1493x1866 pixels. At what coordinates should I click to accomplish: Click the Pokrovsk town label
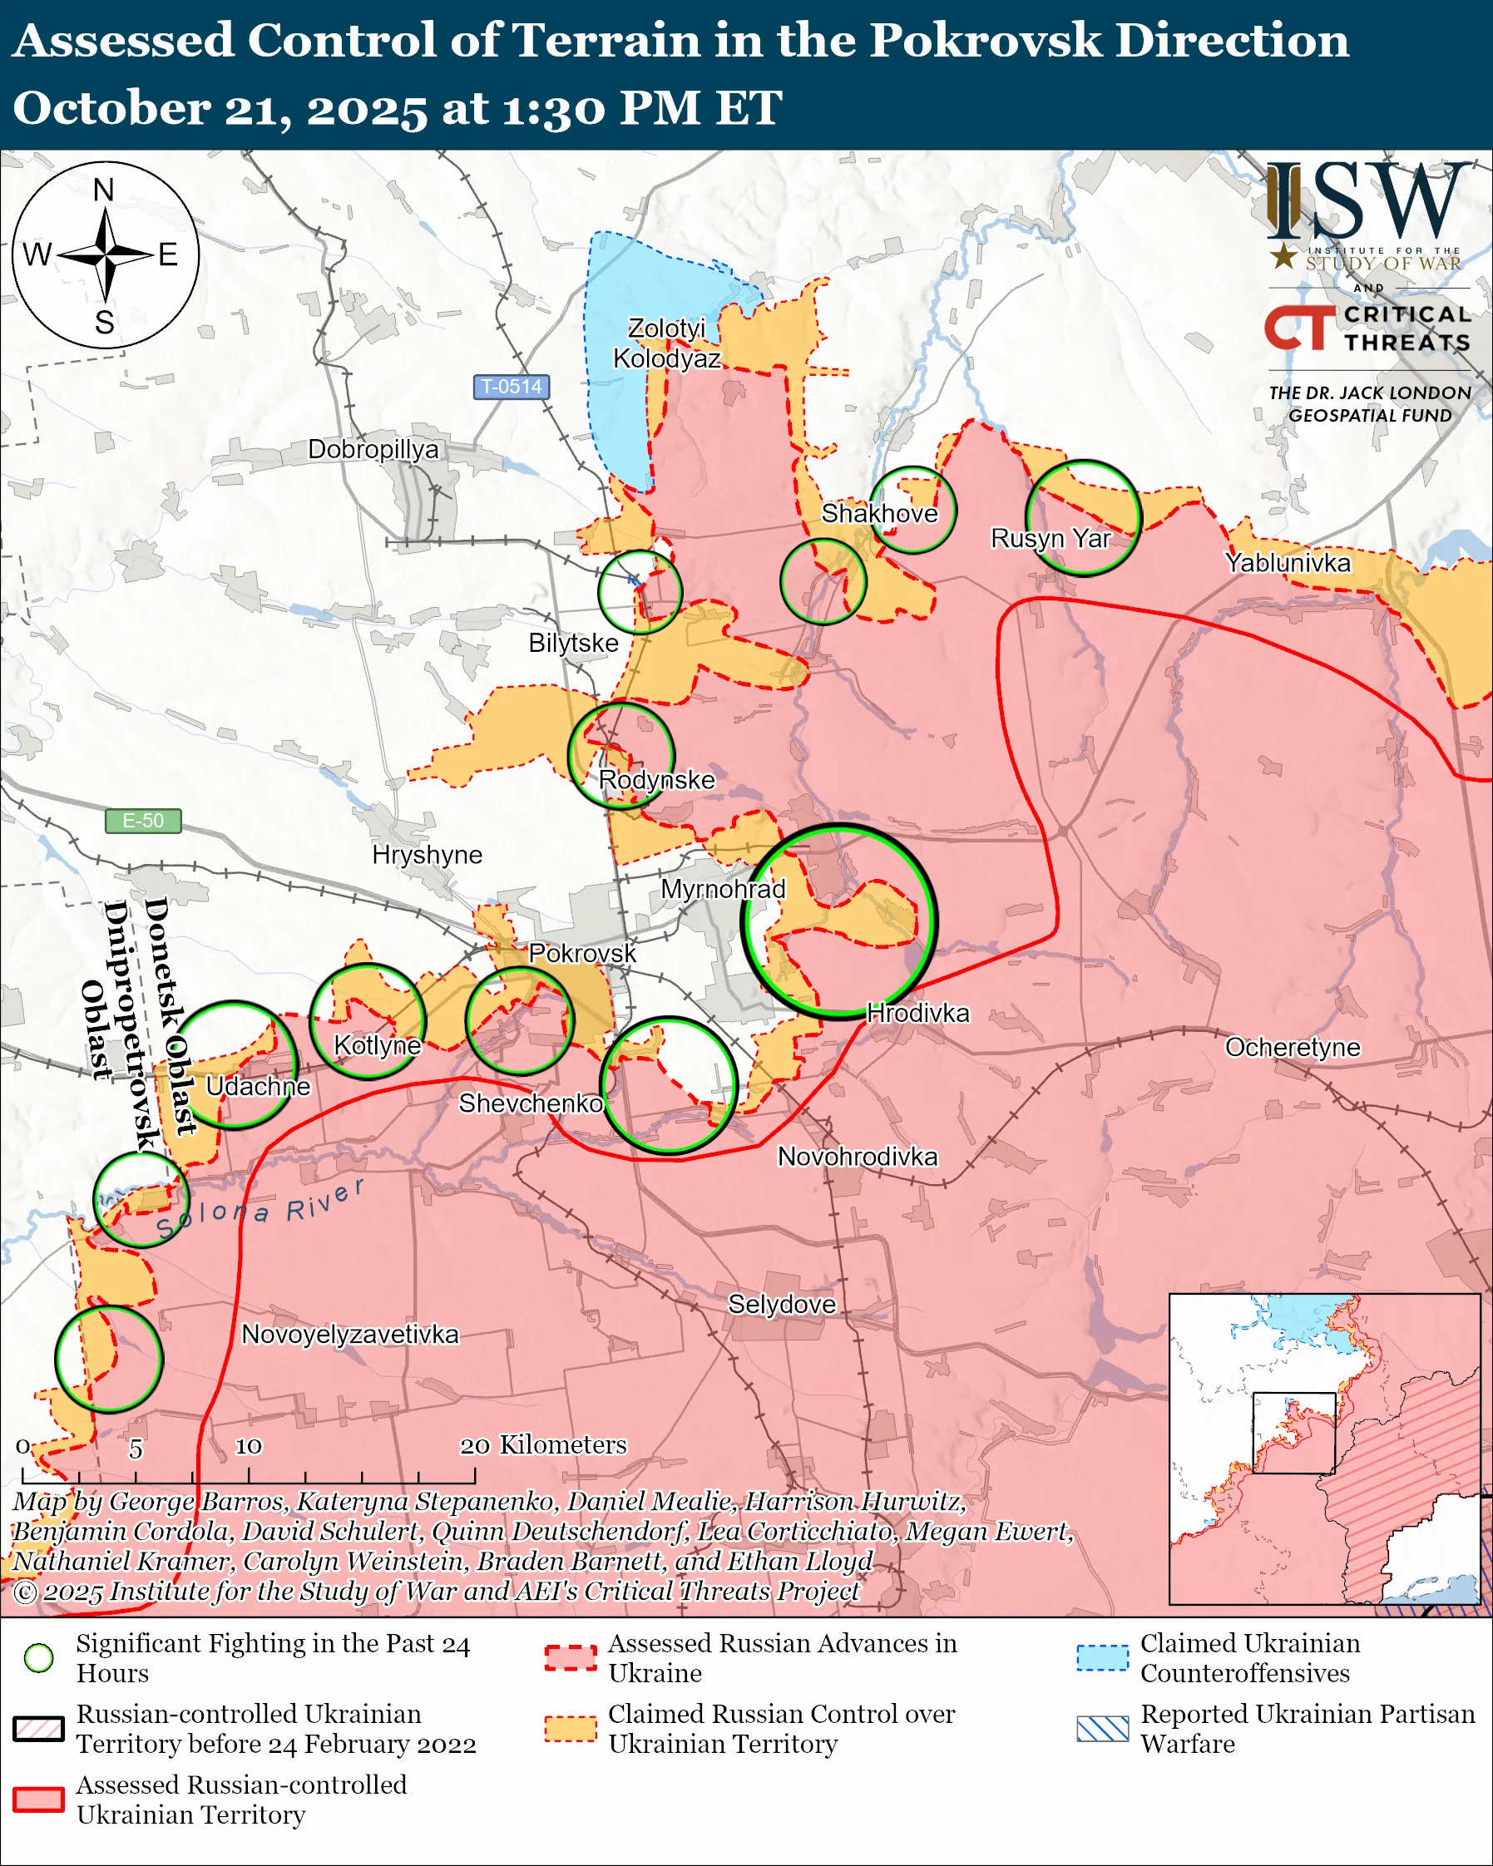point(581,953)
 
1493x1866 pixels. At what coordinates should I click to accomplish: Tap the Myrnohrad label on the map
point(723,889)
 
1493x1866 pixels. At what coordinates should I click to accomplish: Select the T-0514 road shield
point(511,387)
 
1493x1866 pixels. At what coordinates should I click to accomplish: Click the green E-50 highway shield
point(143,821)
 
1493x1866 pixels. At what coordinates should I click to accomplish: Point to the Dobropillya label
point(373,449)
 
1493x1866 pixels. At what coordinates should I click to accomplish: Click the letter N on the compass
point(104,190)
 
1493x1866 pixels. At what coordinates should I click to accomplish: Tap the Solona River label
point(260,1208)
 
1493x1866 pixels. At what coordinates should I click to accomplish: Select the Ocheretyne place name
point(1293,1047)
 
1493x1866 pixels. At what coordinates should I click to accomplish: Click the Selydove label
point(782,1305)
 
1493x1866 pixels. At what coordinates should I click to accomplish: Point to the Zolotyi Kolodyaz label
point(666,343)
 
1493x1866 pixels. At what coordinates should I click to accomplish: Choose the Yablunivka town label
point(1288,563)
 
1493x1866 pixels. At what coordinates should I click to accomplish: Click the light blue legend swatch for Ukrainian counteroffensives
point(1103,1657)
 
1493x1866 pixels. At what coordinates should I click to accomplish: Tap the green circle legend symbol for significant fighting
point(39,1657)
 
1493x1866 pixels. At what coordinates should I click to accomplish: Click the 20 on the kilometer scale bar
point(474,1446)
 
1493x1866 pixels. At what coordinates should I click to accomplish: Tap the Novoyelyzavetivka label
point(349,1334)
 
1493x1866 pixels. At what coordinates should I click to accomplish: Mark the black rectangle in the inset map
point(1293,1433)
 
